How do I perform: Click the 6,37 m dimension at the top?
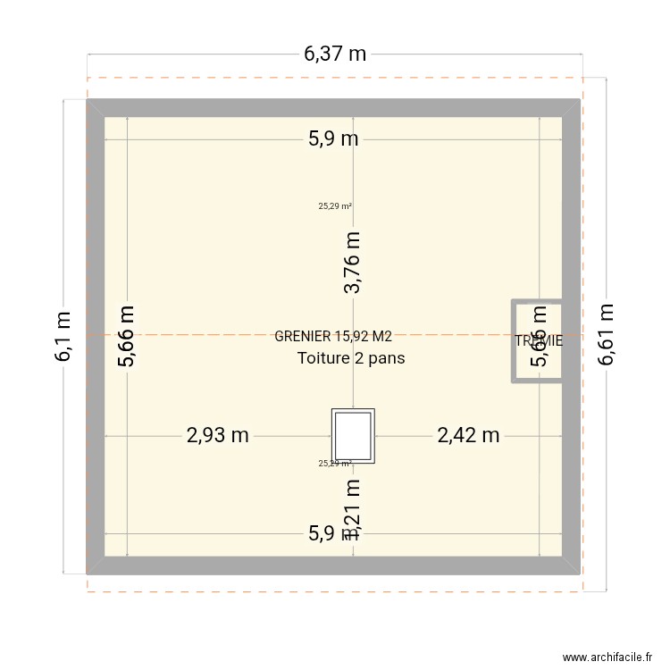(335, 54)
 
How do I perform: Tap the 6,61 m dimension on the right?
(607, 333)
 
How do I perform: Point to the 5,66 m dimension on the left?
(127, 336)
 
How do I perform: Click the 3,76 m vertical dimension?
(354, 262)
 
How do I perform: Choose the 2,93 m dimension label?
(217, 435)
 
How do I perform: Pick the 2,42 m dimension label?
(468, 435)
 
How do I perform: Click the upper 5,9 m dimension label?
(333, 138)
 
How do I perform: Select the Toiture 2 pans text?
(351, 358)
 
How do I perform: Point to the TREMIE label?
(539, 340)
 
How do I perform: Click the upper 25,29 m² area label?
(334, 206)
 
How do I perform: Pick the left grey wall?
(95, 336)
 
